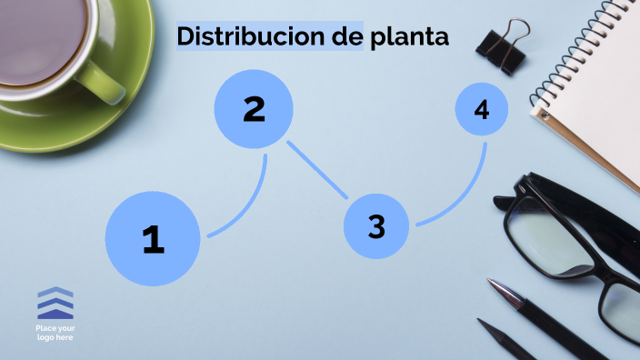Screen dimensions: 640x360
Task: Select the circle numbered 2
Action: (x=254, y=109)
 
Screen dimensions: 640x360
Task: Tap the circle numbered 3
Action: (x=376, y=226)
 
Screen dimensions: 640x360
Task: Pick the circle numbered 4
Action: (x=482, y=110)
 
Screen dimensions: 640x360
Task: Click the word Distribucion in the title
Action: (x=243, y=36)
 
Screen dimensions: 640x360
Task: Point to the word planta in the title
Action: (x=410, y=37)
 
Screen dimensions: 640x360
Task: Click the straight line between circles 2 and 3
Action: (x=317, y=169)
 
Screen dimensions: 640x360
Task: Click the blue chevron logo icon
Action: (x=55, y=303)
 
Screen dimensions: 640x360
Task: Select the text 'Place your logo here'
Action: (x=55, y=332)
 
